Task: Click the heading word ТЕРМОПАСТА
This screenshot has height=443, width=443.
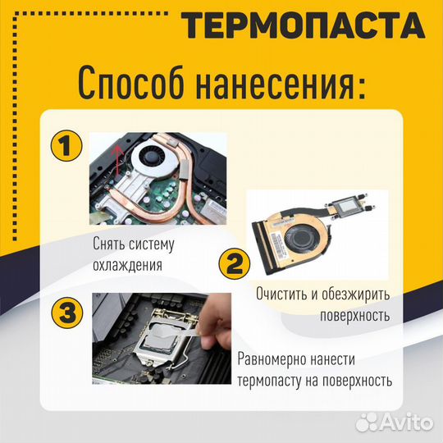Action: (304, 26)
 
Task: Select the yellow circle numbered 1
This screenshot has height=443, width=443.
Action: (66, 148)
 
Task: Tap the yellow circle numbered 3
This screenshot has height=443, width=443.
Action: (66, 313)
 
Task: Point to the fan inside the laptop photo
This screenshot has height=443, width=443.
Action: (156, 155)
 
